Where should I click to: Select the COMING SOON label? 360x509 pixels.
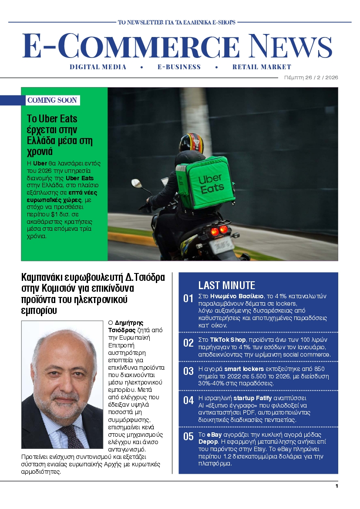point(52,101)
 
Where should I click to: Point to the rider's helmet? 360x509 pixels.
point(191,143)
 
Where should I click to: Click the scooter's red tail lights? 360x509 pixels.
point(219,230)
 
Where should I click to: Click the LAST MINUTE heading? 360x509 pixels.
point(226,286)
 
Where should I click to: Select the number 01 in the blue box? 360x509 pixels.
point(188,299)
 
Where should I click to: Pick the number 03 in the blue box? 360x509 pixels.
point(188,371)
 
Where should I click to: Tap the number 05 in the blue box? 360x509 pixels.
point(188,437)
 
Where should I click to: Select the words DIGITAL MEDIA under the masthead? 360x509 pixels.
point(98,67)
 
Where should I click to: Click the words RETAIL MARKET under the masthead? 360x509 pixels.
point(262,67)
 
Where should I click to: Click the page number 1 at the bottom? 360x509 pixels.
point(336,486)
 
